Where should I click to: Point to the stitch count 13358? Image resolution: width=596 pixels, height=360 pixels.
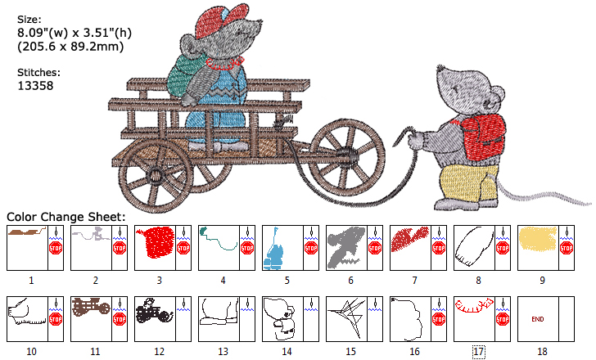click(35, 84)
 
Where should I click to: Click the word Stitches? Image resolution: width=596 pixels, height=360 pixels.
click(38, 72)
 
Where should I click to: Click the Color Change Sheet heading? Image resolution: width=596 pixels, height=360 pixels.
click(66, 217)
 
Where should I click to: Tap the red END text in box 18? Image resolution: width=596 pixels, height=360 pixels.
click(538, 318)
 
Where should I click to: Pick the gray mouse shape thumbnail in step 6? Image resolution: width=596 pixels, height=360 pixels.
click(345, 245)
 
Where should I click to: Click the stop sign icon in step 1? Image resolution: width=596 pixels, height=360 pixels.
click(56, 248)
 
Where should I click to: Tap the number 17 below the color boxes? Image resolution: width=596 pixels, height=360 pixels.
click(479, 351)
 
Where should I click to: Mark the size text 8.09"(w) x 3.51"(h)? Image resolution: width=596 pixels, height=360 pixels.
click(74, 33)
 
